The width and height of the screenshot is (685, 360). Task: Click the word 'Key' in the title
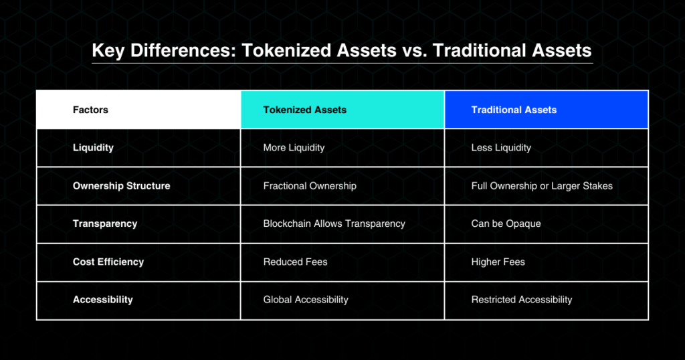click(108, 51)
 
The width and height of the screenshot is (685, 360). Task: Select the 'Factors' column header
click(90, 110)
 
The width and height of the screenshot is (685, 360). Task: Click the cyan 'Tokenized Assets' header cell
click(342, 110)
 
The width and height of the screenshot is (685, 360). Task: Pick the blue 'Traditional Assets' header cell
click(546, 110)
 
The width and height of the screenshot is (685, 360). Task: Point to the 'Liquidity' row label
click(93, 148)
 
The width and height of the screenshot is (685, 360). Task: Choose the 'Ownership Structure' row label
click(122, 185)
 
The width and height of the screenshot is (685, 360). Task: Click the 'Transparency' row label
click(105, 223)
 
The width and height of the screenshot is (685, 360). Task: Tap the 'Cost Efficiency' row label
click(108, 262)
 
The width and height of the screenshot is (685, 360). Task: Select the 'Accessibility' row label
click(102, 300)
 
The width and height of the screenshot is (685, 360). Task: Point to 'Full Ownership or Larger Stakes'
click(542, 185)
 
